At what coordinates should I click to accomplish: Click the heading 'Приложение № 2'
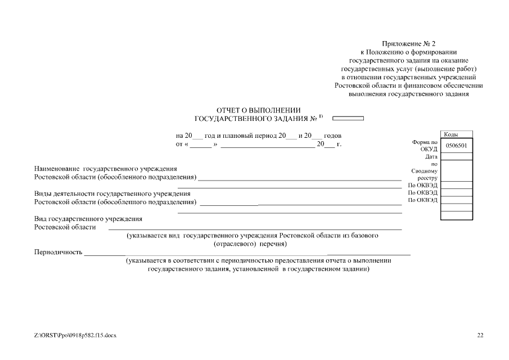pos(408,43)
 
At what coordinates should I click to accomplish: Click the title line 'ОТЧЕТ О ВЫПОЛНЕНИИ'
pos(259,110)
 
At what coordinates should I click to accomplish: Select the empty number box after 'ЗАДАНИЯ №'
pos(348,119)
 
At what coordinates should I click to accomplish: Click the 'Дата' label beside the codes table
pos(431,157)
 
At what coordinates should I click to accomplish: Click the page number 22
pos(480,335)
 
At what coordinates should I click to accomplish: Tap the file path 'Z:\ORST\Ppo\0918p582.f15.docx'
pos(75,335)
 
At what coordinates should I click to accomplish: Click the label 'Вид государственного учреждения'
pos(88,219)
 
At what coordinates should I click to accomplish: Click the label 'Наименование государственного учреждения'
pos(106,169)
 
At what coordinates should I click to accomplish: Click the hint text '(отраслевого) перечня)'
pos(251,244)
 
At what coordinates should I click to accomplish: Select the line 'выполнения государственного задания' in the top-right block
pos(408,94)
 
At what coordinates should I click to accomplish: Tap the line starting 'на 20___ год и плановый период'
pos(258,136)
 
